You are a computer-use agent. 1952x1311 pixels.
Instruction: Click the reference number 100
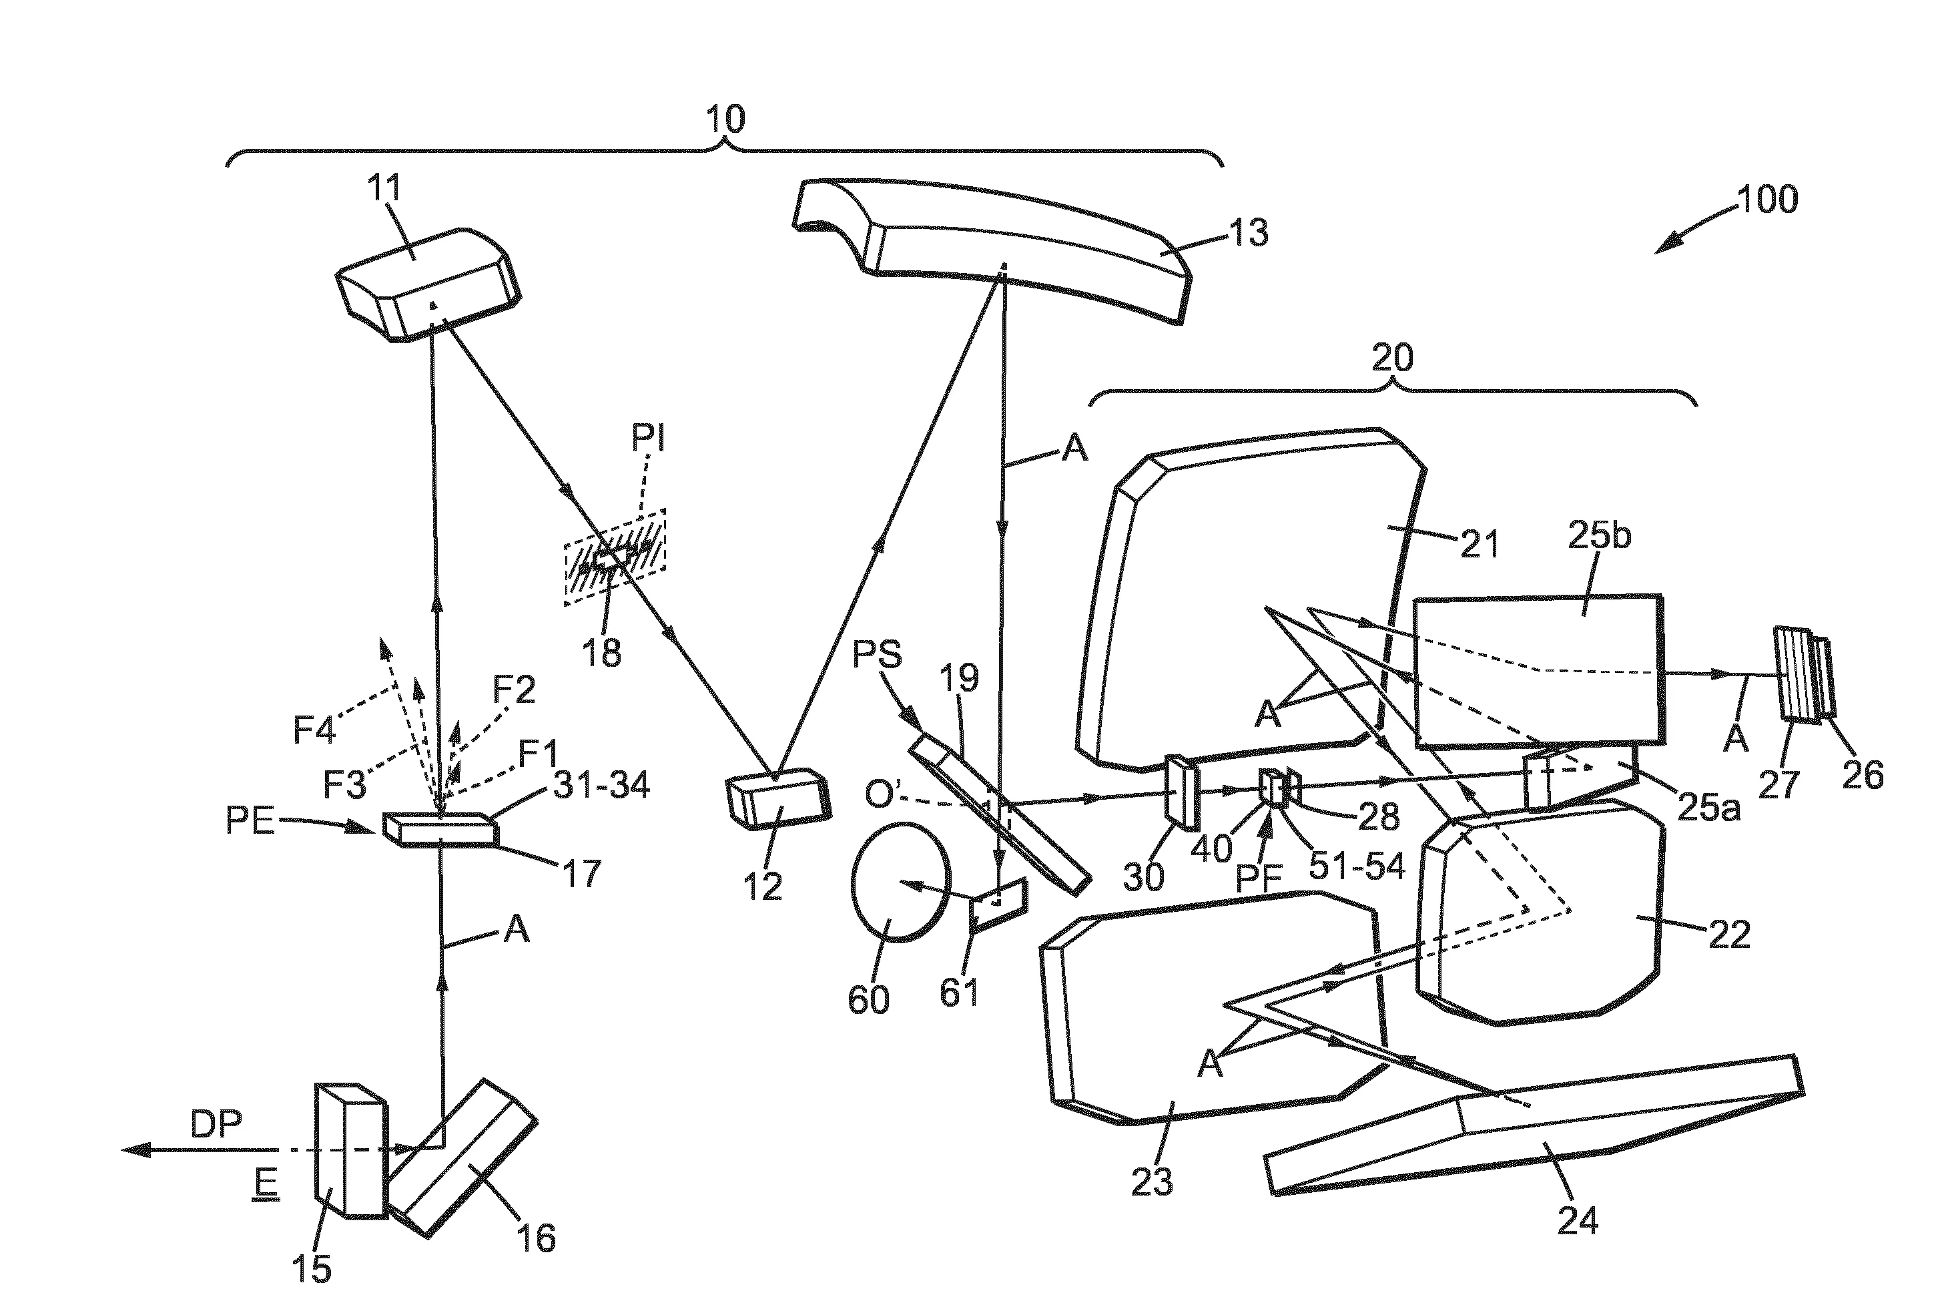[1767, 200]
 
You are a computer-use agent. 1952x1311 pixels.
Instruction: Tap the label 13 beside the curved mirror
[1248, 232]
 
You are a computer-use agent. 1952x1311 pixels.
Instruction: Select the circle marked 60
[901, 882]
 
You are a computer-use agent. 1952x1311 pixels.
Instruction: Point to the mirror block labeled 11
[428, 284]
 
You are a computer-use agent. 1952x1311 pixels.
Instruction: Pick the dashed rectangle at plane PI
[615, 557]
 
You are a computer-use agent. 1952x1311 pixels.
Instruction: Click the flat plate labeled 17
[440, 830]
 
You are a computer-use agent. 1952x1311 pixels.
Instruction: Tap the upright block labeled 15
[350, 1151]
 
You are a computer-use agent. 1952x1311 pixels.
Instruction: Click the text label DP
[216, 1125]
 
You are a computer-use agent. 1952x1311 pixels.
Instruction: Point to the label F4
[314, 730]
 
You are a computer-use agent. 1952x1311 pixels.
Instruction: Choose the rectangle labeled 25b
[1536, 669]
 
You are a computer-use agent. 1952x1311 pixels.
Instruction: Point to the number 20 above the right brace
[1392, 358]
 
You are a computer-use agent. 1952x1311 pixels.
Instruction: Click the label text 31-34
[601, 785]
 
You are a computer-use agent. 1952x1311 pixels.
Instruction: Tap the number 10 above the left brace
[725, 119]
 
